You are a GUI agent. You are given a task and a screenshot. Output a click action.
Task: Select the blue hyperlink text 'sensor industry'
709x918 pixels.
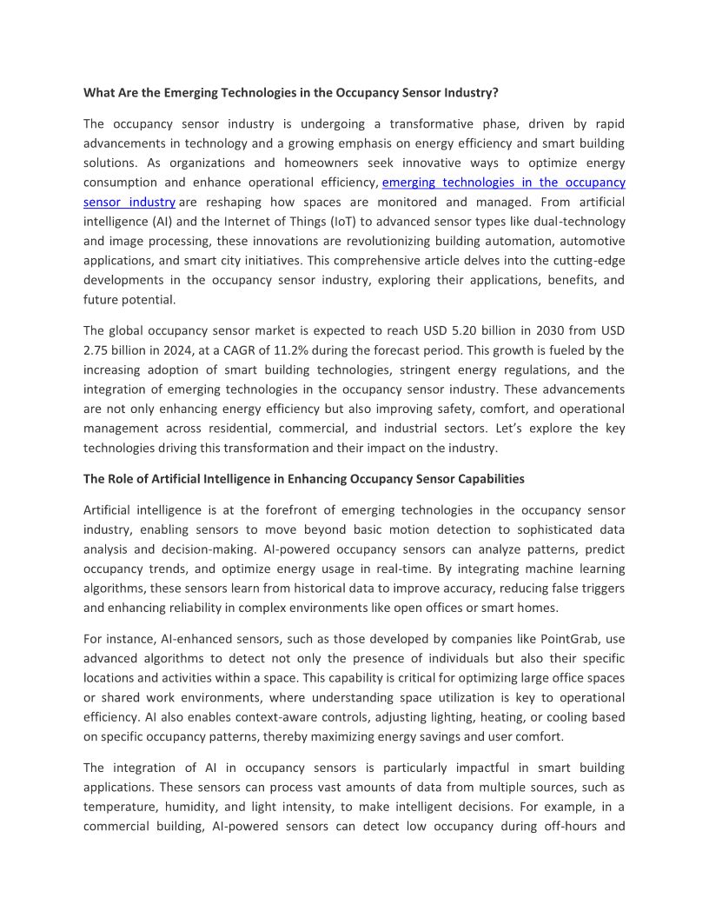pyautogui.click(x=129, y=202)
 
